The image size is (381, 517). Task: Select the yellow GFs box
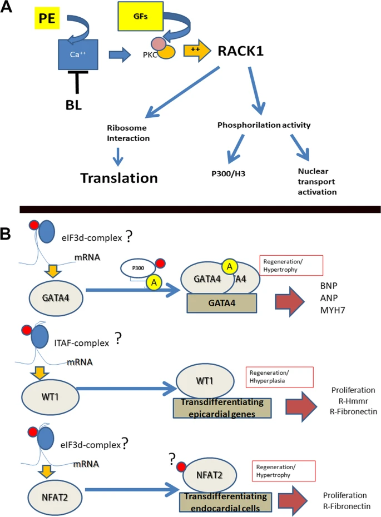140,16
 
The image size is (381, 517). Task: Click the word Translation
119,177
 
